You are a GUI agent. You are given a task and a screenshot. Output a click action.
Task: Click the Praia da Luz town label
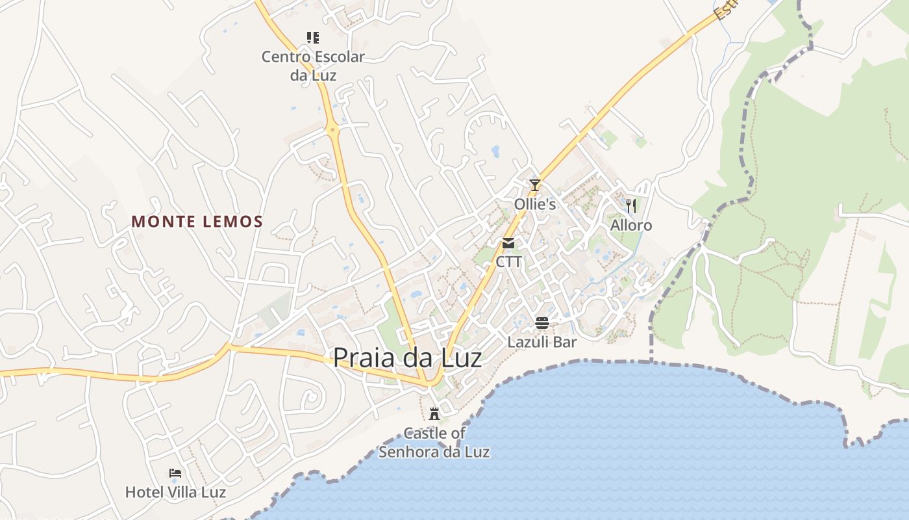tap(407, 358)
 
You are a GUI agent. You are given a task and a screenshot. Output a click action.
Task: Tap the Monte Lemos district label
tap(197, 222)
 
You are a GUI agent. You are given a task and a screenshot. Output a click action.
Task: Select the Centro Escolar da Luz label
tap(313, 66)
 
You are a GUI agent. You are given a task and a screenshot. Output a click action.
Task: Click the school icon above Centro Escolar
tap(313, 38)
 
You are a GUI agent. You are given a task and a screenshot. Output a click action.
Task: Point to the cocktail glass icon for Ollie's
tap(534, 185)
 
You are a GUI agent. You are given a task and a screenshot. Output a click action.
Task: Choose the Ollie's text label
tap(535, 204)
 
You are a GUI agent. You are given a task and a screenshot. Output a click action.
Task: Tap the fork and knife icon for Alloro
tap(630, 206)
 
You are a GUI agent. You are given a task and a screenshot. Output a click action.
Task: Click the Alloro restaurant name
tap(631, 226)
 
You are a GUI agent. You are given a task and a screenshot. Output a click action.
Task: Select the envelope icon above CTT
tap(508, 243)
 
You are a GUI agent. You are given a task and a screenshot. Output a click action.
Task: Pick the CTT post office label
tap(508, 262)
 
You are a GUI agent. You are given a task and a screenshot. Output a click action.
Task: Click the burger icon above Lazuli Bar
tap(542, 323)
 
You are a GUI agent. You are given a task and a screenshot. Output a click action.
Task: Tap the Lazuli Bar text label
tap(542, 342)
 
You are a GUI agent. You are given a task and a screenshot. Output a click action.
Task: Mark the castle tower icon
tap(434, 413)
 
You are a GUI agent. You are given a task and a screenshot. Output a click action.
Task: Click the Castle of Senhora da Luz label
tap(434, 443)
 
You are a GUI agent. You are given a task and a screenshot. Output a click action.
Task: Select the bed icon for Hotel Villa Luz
tap(175, 473)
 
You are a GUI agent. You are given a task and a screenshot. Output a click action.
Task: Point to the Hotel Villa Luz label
tap(175, 492)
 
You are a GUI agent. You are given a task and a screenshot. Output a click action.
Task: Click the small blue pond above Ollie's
tap(495, 151)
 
